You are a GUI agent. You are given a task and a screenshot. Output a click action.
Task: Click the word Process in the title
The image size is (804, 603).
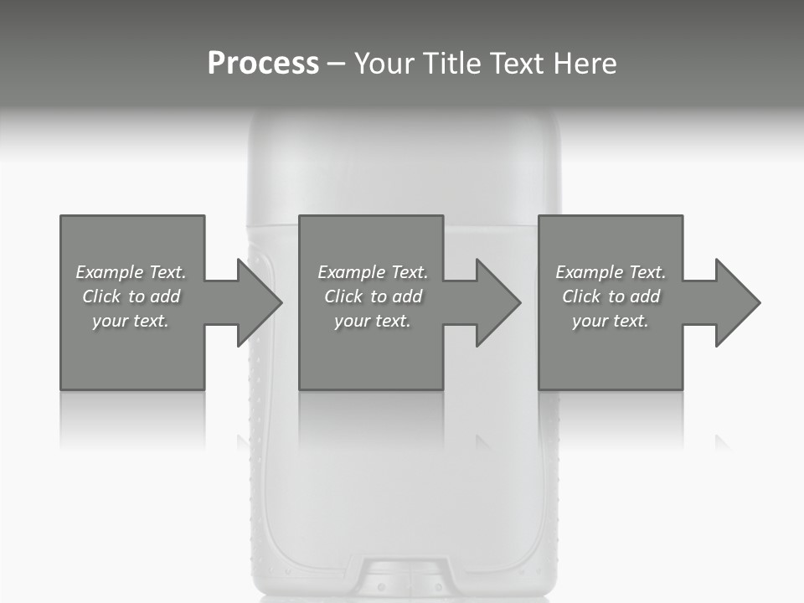click(263, 64)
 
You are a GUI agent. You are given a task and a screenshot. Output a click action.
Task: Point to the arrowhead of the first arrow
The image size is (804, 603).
click(260, 302)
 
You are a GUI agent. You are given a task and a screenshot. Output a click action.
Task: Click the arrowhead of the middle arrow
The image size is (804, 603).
click(498, 302)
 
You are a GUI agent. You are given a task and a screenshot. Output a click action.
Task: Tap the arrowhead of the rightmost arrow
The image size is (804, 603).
click(737, 302)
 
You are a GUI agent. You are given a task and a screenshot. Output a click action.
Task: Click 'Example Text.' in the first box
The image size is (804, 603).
click(131, 272)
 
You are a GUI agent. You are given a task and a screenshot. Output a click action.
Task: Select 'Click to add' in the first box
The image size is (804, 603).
click(131, 296)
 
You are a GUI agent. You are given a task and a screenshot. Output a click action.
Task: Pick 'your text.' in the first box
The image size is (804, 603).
click(131, 321)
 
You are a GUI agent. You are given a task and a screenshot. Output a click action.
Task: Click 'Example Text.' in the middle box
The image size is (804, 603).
click(373, 272)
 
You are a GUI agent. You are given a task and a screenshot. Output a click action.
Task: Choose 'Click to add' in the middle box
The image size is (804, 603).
click(373, 296)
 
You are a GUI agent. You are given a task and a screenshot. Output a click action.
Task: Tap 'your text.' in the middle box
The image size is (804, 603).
click(373, 321)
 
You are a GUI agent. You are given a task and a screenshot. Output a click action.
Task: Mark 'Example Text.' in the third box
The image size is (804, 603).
click(611, 272)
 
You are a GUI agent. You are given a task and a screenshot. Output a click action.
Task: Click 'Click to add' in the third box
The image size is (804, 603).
click(611, 296)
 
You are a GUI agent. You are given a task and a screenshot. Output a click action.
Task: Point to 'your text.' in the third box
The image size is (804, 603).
click(611, 321)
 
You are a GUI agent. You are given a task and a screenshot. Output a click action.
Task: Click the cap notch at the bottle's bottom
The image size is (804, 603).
click(403, 578)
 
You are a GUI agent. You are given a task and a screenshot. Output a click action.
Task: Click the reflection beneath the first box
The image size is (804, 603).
click(132, 419)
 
